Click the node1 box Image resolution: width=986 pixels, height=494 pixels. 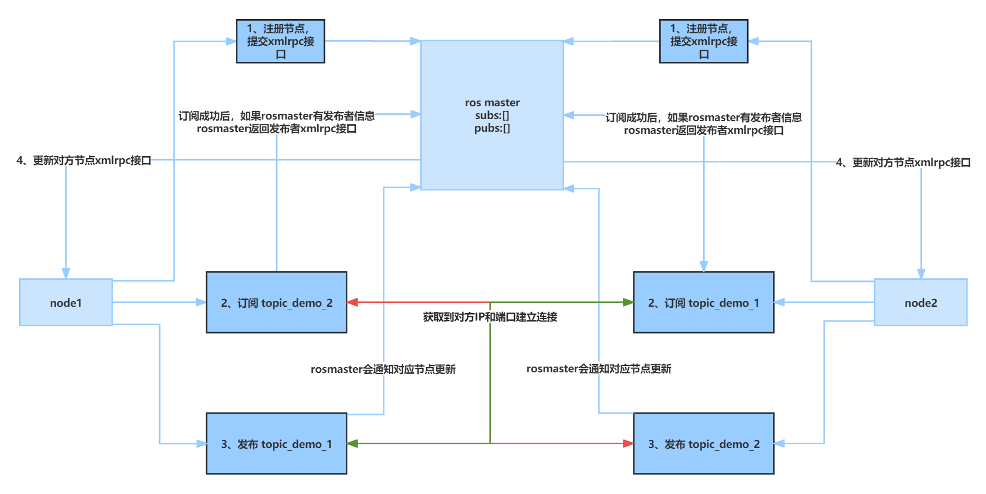pos(66,303)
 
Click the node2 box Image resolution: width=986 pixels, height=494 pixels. pos(920,303)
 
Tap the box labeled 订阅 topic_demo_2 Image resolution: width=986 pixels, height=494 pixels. pos(277,303)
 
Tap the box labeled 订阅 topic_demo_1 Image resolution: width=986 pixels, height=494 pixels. pos(704,303)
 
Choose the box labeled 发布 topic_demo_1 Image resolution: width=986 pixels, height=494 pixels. pos(277,444)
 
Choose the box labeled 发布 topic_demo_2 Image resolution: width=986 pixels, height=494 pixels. pos(704,444)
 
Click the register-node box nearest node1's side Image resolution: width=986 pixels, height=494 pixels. pos(280,41)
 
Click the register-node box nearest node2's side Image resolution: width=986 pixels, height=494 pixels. pos(704,41)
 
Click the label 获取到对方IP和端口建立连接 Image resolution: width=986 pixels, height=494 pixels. pos(490,317)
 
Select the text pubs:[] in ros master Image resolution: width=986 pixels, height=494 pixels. pos(492,129)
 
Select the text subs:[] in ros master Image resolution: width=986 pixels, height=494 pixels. pos(492,115)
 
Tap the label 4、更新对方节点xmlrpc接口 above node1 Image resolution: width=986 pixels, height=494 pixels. pos(84,160)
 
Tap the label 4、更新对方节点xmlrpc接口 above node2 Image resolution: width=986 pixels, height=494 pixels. pos(903,162)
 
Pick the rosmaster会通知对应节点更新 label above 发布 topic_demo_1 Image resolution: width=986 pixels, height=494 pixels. pos(383,369)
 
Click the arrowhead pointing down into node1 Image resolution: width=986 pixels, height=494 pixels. pos(66,273)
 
